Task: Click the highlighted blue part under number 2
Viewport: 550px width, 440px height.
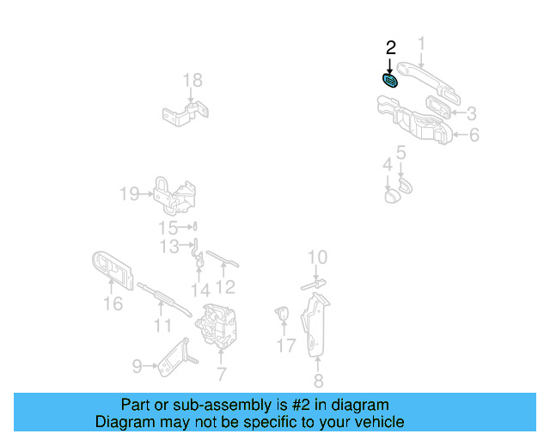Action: point(390,81)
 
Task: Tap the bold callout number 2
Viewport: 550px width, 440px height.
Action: point(390,48)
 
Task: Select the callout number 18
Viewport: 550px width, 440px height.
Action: point(192,81)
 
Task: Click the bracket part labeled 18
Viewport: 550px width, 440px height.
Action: point(186,113)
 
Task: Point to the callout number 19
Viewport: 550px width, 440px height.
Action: point(129,194)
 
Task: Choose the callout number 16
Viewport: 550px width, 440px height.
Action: point(113,303)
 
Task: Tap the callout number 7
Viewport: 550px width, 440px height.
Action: point(221,374)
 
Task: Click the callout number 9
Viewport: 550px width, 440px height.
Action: point(137,367)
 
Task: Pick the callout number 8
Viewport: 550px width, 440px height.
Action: point(318,382)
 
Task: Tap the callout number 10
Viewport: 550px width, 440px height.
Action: point(317,257)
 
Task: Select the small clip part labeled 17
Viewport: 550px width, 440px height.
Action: point(281,314)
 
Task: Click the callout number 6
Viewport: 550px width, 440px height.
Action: point(474,135)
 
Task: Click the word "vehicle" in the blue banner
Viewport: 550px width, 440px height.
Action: point(374,422)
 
